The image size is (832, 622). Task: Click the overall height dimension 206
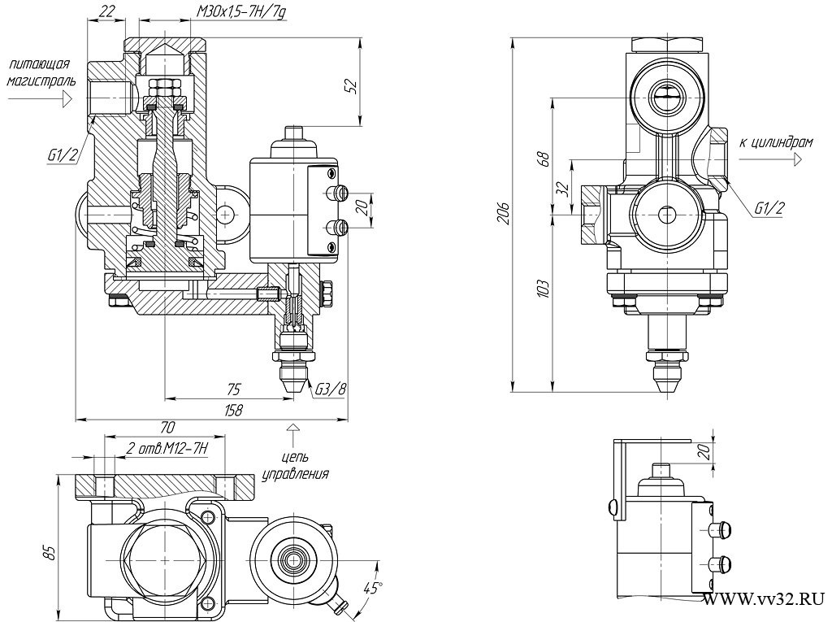click(505, 213)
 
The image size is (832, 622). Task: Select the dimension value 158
click(233, 410)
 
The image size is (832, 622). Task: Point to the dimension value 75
click(232, 390)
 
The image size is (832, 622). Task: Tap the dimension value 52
click(352, 85)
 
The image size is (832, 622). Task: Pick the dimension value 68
click(544, 159)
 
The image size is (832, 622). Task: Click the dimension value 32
click(562, 188)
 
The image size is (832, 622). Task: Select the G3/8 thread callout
click(330, 390)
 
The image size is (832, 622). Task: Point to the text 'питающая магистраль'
click(41, 73)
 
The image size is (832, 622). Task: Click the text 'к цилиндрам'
click(776, 143)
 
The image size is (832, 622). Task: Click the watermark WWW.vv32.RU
click(764, 599)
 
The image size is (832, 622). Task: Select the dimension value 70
click(167, 427)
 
